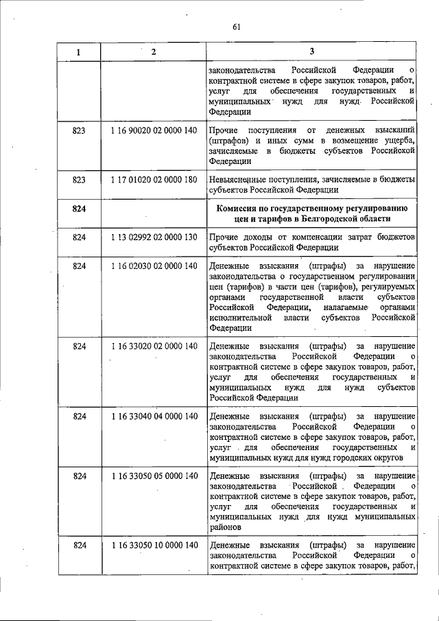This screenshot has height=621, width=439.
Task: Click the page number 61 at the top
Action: (237, 27)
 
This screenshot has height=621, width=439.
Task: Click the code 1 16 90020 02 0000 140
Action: (154, 130)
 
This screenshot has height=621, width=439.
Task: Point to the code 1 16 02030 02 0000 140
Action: (154, 266)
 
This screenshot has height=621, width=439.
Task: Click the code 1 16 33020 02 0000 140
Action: (154, 346)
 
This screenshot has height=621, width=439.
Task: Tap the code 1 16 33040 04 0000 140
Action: (154, 417)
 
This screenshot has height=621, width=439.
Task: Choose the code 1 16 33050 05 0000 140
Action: (154, 476)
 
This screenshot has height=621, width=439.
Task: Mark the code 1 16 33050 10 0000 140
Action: (154, 546)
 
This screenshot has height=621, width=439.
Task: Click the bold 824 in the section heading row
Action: (78, 209)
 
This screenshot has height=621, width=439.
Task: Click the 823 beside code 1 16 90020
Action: (78, 130)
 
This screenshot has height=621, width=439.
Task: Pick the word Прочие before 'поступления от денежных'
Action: (226, 130)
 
